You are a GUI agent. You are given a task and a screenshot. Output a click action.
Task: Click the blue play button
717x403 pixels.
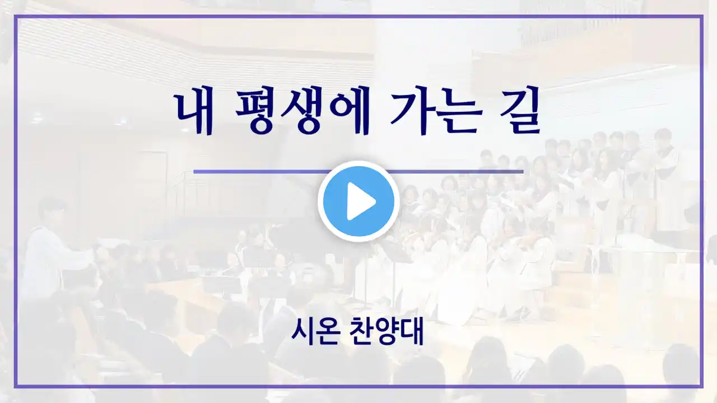358,201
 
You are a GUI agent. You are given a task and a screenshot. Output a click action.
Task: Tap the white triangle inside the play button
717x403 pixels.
361,201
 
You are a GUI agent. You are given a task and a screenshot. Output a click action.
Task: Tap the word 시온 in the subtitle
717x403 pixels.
315,332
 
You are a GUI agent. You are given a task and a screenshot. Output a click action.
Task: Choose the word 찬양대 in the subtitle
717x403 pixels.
387,332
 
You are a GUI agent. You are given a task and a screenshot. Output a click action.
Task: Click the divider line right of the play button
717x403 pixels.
455,172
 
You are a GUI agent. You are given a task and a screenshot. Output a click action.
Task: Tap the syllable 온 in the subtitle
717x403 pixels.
328,332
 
